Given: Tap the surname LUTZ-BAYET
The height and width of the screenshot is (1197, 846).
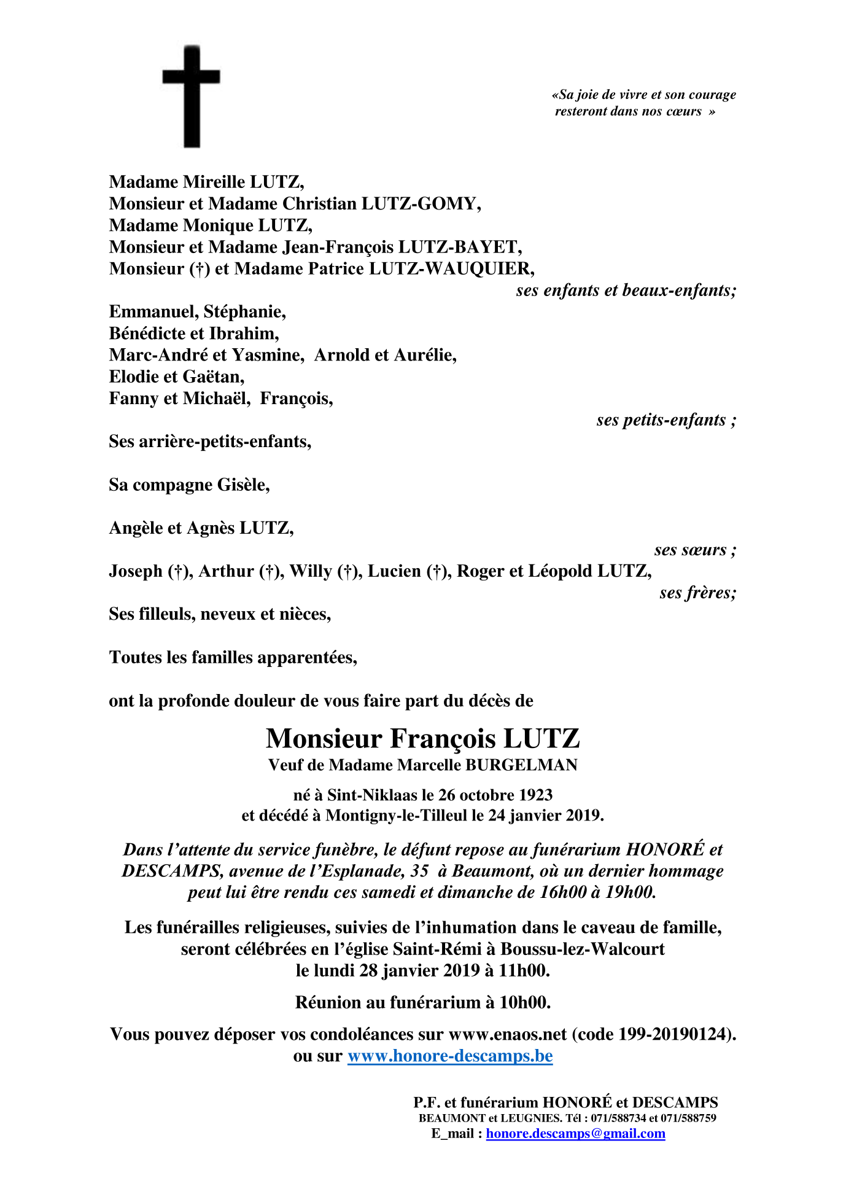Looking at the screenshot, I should (460, 247).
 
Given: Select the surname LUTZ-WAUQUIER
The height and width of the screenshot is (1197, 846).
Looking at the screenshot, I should (451, 269).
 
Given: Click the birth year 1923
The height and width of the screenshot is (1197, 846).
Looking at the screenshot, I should (535, 795).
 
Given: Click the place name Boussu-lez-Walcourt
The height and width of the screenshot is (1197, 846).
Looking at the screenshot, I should (583, 949).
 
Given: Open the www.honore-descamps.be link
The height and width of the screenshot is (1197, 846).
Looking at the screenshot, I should (450, 1056).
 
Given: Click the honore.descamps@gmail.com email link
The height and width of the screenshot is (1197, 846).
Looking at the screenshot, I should (575, 1134).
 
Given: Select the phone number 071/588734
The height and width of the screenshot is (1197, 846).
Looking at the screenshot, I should (618, 1118).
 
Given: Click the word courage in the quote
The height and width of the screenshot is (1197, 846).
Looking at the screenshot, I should (712, 95).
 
